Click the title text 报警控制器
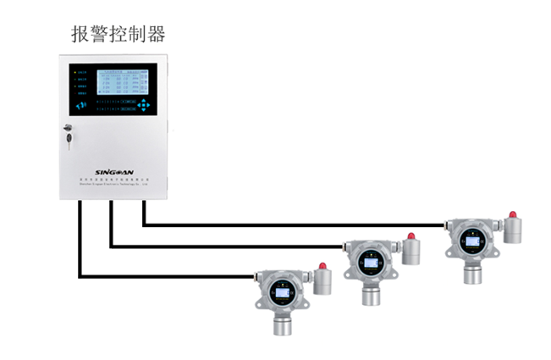[118, 34]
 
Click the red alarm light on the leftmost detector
[322, 267]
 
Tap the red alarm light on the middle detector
[411, 237]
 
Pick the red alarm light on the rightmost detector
[512, 215]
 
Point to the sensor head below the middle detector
[370, 296]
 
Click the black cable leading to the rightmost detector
[296, 225]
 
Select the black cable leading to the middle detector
[229, 246]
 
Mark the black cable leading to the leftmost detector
[169, 276]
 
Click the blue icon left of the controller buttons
[81, 106]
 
